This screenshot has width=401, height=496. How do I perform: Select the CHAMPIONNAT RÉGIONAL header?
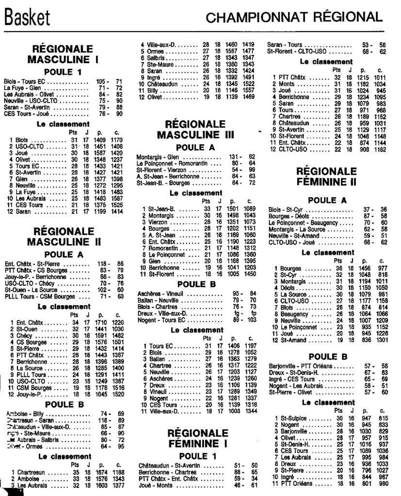(x=293, y=18)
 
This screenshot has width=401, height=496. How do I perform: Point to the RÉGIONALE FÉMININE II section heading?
(x=326, y=177)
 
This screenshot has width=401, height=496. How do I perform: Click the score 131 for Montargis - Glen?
(x=235, y=157)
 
